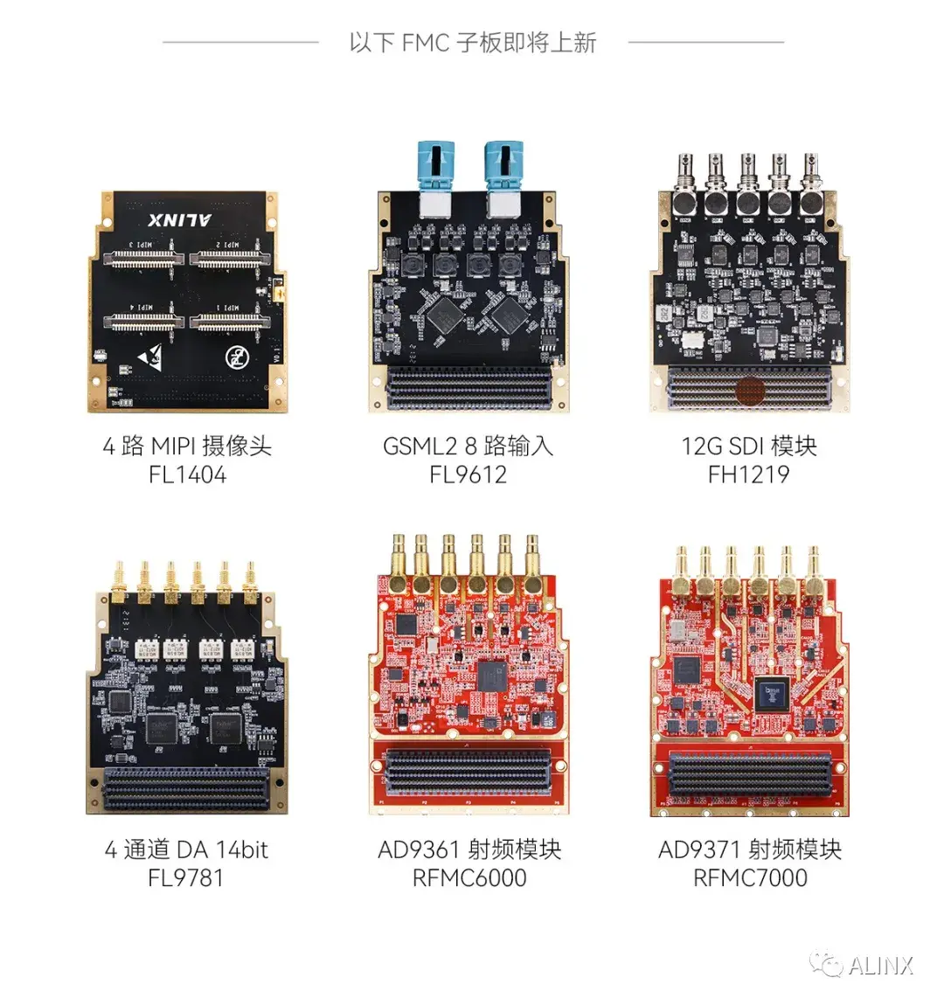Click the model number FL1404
pos(187,475)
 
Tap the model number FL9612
pos(469,475)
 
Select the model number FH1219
pos(749,475)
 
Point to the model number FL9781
pos(186,877)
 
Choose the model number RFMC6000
pos(469,877)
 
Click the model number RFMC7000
pos(750,877)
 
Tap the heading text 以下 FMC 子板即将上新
pos(472,42)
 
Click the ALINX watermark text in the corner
pos(880,965)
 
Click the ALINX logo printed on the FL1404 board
pos(180,218)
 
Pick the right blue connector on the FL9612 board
pos(503,166)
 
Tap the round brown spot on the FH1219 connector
pos(750,391)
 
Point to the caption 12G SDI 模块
pos(749,447)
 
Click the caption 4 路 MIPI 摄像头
pos(187,447)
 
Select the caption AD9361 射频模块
pos(469,849)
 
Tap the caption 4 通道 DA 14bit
pos(186,849)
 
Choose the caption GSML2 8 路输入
pos(469,447)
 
